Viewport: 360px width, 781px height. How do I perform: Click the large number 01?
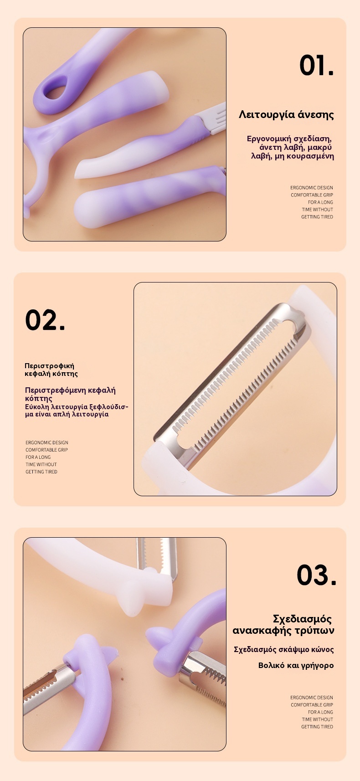click(x=316, y=65)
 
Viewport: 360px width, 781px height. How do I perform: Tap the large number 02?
click(x=45, y=320)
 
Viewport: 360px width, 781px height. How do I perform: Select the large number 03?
click(x=316, y=575)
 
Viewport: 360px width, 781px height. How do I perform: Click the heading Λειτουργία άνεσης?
click(x=286, y=115)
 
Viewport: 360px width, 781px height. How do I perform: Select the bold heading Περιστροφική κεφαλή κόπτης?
click(x=51, y=370)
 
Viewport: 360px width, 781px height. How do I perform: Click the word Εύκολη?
click(x=37, y=407)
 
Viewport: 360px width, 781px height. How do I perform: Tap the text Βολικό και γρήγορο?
click(x=296, y=665)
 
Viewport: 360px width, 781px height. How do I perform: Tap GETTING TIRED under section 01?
click(x=317, y=217)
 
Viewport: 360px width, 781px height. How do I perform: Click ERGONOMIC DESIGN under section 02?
click(x=47, y=442)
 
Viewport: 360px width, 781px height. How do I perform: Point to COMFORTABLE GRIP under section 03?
click(x=312, y=704)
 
